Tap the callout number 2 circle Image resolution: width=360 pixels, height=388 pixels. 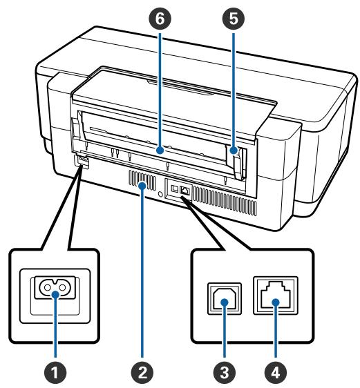pyautogui.click(x=143, y=372)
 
